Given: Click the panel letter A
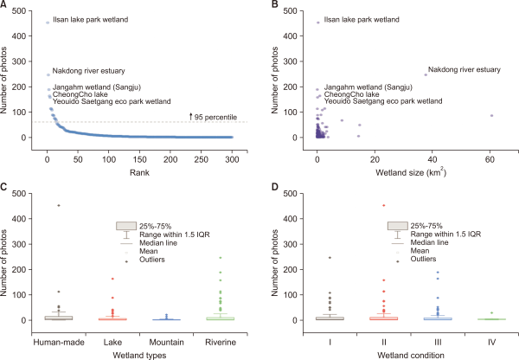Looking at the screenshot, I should click(x=6, y=5).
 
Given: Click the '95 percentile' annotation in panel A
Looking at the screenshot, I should click(x=216, y=115).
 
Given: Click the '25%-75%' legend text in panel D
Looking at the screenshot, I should click(x=432, y=225).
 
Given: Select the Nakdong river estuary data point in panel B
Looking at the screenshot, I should click(x=426, y=74).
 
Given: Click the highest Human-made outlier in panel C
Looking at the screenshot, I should click(x=58, y=205).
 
